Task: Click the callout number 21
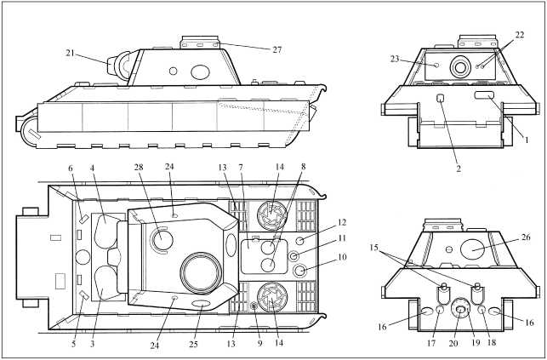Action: click(x=70, y=54)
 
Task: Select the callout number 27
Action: click(x=277, y=50)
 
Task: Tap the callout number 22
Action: click(x=520, y=35)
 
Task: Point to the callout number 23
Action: click(x=395, y=59)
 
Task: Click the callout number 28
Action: click(x=139, y=167)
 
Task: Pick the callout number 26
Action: click(x=526, y=237)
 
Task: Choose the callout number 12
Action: click(x=342, y=222)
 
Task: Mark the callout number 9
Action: click(x=259, y=343)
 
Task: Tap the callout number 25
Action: click(x=193, y=345)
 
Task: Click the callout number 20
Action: click(x=453, y=344)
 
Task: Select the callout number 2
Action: click(x=459, y=169)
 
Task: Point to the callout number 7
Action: click(x=241, y=168)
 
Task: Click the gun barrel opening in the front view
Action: click(x=460, y=67)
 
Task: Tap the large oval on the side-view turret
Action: click(x=200, y=71)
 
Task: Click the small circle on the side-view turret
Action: click(x=173, y=71)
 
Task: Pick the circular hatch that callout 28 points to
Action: click(x=162, y=240)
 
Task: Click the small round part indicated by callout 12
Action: click(x=299, y=241)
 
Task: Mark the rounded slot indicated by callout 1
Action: click(x=484, y=94)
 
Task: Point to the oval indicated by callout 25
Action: click(x=202, y=304)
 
